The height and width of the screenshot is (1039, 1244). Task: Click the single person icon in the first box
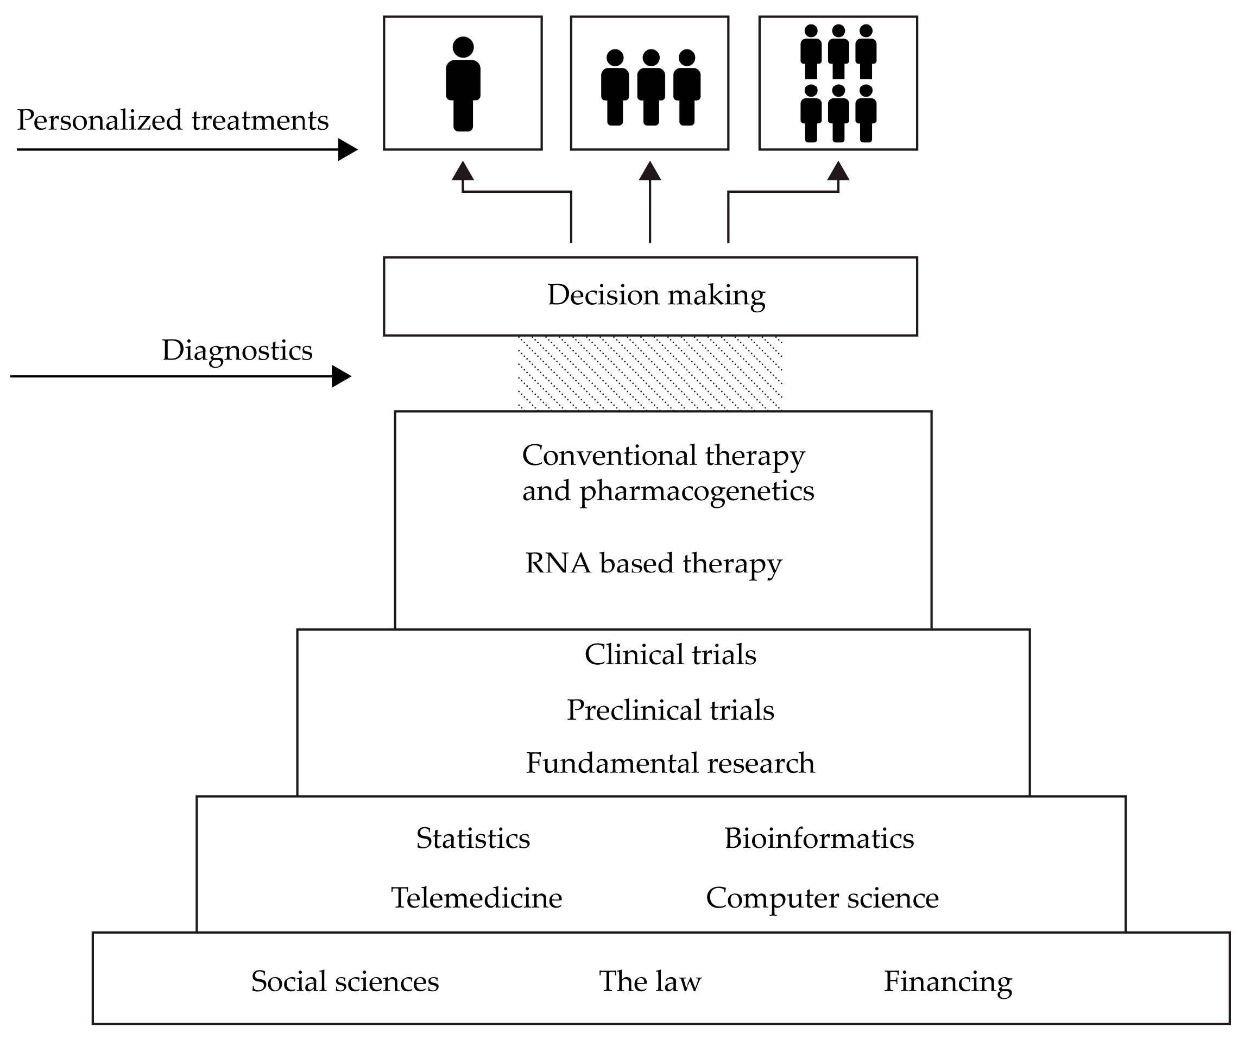463,84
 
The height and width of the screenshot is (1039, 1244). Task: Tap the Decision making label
656,295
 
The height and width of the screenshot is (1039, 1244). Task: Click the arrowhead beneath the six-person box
838,171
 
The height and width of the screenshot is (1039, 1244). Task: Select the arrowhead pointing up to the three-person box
650,171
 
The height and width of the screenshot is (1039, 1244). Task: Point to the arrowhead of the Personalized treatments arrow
347,149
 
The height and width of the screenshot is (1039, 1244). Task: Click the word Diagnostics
237,350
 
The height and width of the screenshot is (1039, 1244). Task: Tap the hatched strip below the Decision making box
650,373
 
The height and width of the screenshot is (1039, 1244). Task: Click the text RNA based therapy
653,563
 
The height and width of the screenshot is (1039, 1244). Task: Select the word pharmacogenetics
697,491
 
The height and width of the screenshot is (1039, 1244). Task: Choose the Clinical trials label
670,654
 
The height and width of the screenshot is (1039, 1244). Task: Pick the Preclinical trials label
670,709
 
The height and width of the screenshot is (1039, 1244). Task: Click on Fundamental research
670,763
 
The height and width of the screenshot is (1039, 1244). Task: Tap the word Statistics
473,838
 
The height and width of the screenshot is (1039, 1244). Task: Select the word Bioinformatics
819,838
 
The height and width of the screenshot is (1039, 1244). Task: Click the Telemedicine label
476,897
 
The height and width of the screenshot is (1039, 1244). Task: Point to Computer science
822,897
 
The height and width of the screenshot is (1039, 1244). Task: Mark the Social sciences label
345,981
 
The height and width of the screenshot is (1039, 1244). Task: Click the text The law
650,981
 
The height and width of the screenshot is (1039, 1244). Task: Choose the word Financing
948,981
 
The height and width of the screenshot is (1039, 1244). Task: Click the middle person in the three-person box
651,87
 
